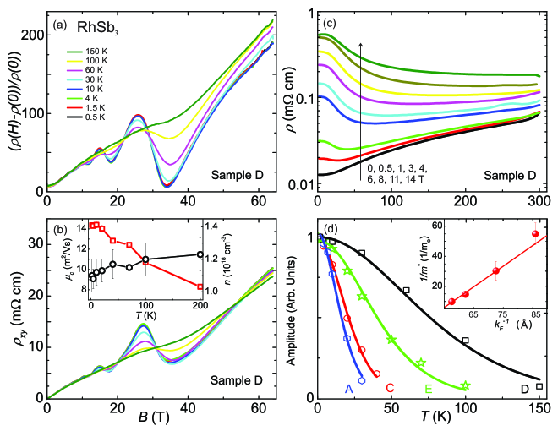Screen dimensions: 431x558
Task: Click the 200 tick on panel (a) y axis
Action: [x=33, y=35]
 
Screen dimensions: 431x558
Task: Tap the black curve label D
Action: [x=525, y=388]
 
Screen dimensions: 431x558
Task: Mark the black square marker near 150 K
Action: [x=539, y=385]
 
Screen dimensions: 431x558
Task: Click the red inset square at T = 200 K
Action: [x=200, y=286]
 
